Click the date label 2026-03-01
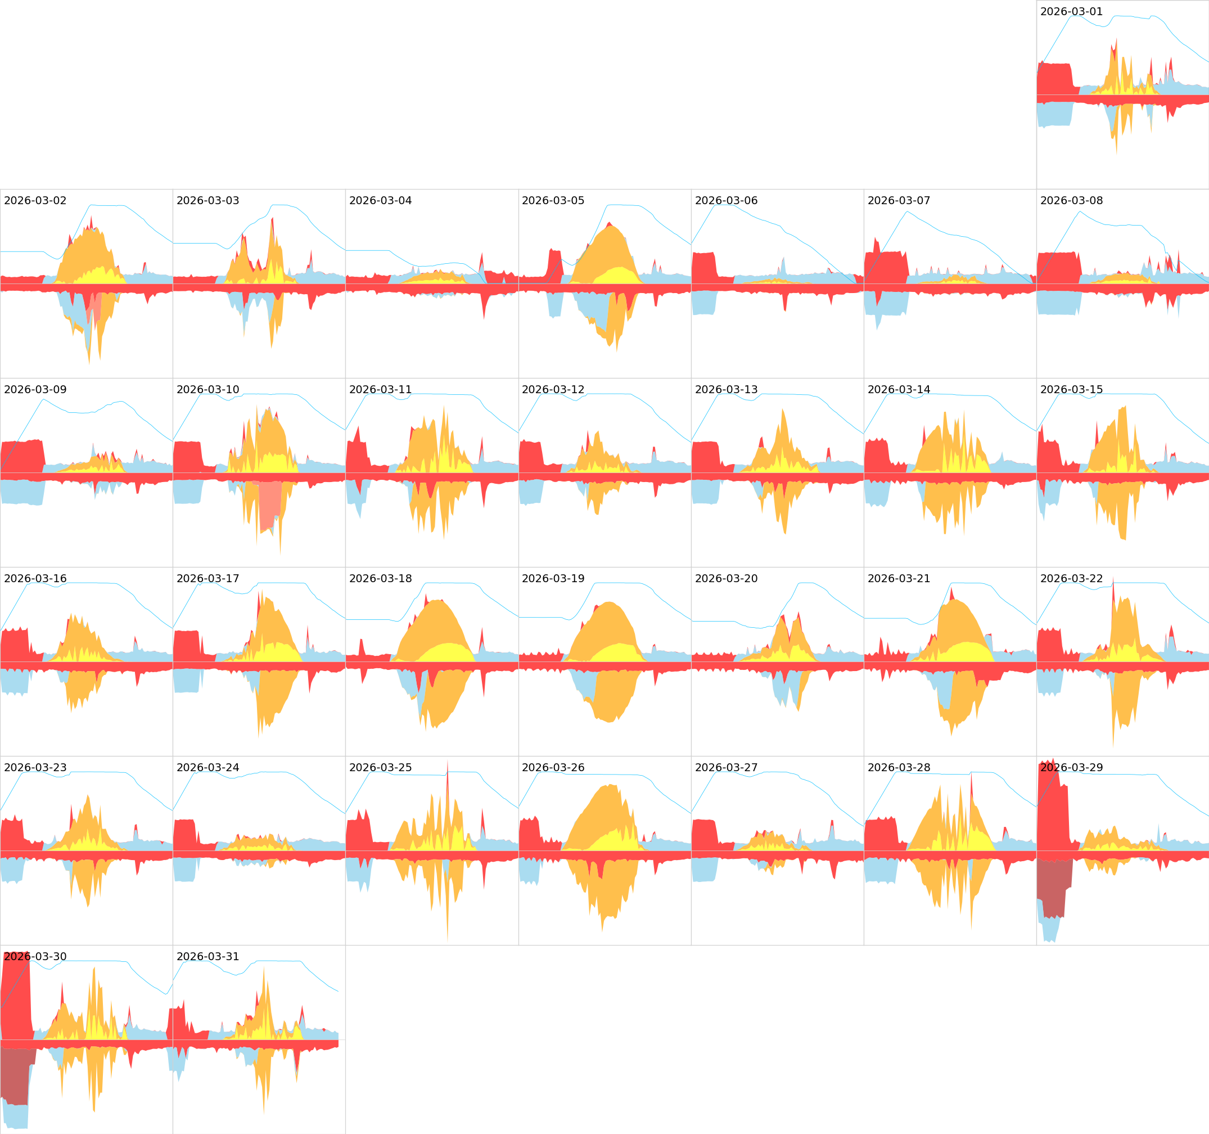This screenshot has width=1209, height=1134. pos(1071,12)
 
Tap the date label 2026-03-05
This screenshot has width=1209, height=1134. pos(553,201)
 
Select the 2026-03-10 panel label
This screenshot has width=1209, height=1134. pos(207,389)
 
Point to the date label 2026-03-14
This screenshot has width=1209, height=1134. pos(898,389)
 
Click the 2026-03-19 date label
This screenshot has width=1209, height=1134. pos(553,579)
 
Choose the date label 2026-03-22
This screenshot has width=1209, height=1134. pos(1071,579)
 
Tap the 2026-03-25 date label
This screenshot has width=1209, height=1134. pos(380,768)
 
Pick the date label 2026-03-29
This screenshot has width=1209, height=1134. pos(1071,768)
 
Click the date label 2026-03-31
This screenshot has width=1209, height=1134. pos(207,957)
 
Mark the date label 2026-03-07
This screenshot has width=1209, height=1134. pos(898,201)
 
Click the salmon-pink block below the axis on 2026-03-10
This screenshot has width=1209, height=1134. pos(269,505)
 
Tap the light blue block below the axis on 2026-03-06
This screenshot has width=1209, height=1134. pos(703,303)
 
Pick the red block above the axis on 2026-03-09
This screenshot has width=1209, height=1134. pos(22,456)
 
